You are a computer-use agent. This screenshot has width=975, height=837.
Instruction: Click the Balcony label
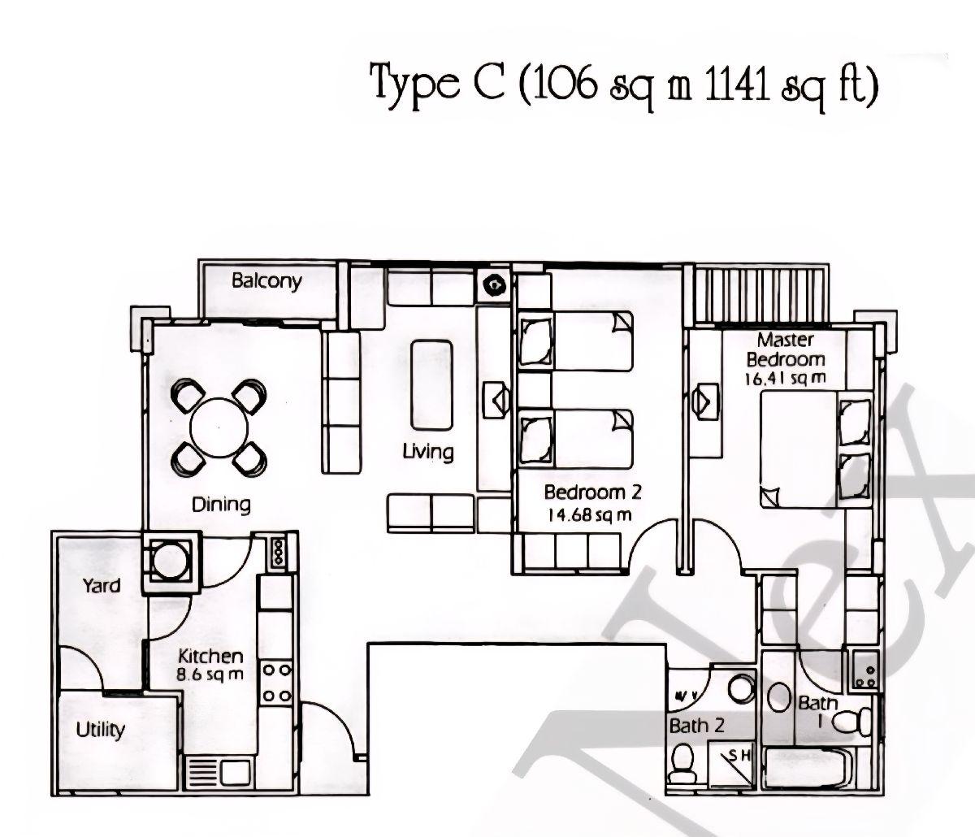(266, 281)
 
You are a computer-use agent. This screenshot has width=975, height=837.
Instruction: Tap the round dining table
(219, 427)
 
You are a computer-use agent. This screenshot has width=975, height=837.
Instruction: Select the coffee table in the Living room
(431, 384)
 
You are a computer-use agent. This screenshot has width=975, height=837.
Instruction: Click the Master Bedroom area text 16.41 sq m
(785, 378)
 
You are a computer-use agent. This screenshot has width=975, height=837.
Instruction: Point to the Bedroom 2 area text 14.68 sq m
(587, 514)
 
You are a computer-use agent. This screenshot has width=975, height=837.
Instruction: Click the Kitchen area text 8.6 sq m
(210, 674)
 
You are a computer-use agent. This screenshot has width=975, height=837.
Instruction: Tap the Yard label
(102, 585)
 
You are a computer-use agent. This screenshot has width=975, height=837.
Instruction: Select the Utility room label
(100, 729)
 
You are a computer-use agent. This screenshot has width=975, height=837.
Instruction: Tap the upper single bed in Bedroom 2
(576, 340)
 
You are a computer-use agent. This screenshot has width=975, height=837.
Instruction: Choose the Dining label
(221, 504)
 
